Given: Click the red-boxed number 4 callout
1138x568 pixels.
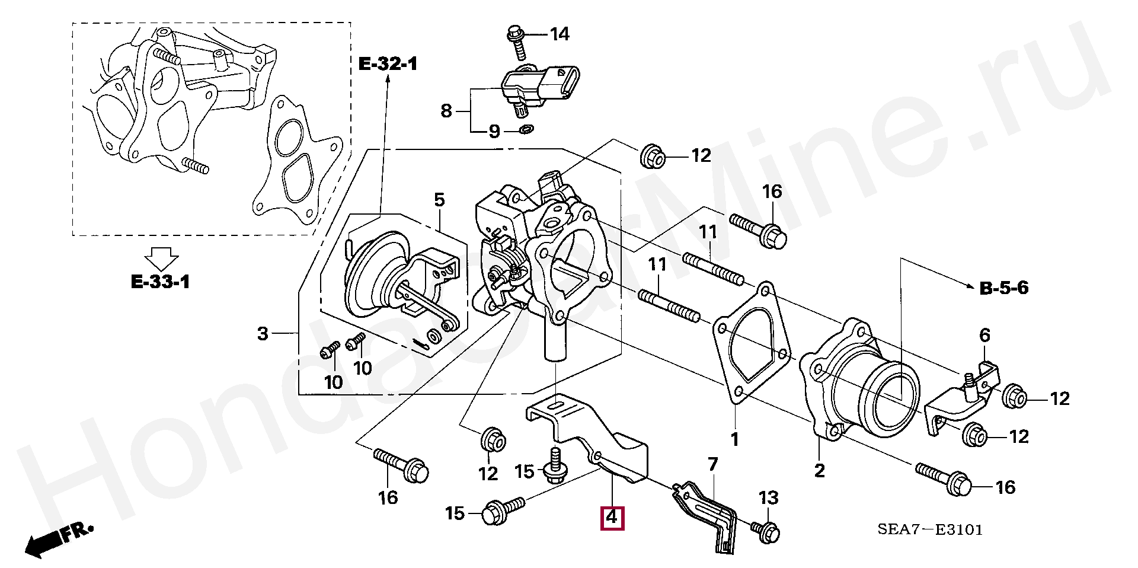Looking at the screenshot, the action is pyautogui.click(x=612, y=518).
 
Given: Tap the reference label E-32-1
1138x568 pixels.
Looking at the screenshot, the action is pyautogui.click(x=388, y=63).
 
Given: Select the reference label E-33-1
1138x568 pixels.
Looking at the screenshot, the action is pyautogui.click(x=160, y=282).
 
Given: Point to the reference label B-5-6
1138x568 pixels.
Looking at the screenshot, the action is pyautogui.click(x=1004, y=288).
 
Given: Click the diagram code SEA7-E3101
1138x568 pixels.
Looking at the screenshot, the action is pyautogui.click(x=930, y=529).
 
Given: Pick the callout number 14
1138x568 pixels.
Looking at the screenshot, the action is pyautogui.click(x=560, y=34).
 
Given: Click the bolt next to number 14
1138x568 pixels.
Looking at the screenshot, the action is pyautogui.click(x=516, y=42).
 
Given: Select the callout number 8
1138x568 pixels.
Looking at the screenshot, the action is pyautogui.click(x=446, y=111).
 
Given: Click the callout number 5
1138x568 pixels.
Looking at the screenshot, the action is pyautogui.click(x=439, y=200).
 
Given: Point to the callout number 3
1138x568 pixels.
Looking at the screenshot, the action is pyautogui.click(x=263, y=334).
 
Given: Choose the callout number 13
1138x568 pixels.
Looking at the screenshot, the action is pyautogui.click(x=769, y=498).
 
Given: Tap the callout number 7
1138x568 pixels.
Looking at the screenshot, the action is pyautogui.click(x=712, y=464).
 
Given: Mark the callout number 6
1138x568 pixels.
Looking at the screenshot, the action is pyautogui.click(x=984, y=335).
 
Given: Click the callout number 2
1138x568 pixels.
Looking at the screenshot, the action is pyautogui.click(x=819, y=471).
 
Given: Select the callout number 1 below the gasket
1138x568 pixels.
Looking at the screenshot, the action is pyautogui.click(x=735, y=439).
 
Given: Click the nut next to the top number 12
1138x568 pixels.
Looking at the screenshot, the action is pyautogui.click(x=652, y=155).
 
